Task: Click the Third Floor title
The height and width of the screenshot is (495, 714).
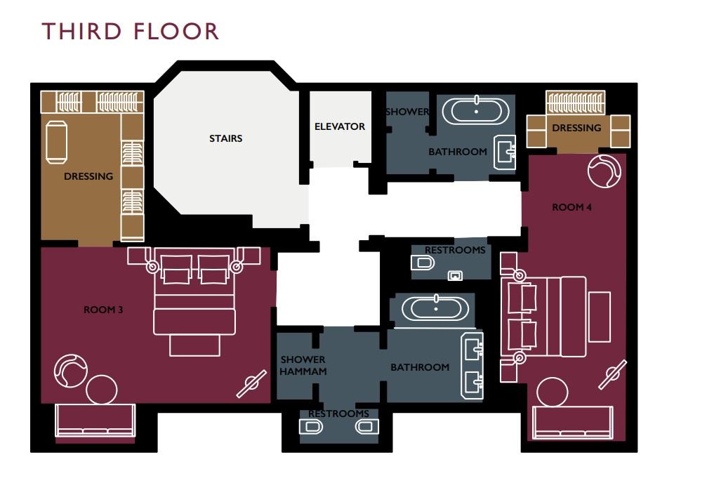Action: click(x=130, y=31)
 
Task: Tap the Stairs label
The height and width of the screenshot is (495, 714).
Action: click(x=225, y=138)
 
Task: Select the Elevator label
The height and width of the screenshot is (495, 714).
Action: click(x=340, y=126)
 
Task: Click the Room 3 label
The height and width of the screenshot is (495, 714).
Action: click(x=103, y=310)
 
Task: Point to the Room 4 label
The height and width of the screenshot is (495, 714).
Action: click(x=571, y=207)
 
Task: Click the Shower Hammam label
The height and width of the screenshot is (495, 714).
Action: click(x=303, y=365)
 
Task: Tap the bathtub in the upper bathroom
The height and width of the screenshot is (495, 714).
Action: click(x=476, y=111)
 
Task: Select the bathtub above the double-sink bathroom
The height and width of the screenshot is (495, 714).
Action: click(x=435, y=308)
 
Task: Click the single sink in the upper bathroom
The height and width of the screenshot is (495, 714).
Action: click(x=505, y=152)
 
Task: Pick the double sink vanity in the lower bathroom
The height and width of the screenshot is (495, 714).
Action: click(x=472, y=366)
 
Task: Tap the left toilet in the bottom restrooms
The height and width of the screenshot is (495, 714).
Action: click(x=311, y=427)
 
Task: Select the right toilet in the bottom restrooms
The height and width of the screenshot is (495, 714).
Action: click(x=366, y=427)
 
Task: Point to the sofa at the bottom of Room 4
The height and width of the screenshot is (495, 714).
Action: click(x=572, y=422)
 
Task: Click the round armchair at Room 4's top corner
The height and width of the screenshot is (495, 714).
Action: click(x=604, y=171)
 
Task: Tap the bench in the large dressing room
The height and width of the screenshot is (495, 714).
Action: click(x=56, y=142)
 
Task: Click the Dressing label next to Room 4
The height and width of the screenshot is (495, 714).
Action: click(x=576, y=128)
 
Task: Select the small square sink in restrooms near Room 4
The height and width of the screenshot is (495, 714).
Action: click(x=456, y=275)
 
